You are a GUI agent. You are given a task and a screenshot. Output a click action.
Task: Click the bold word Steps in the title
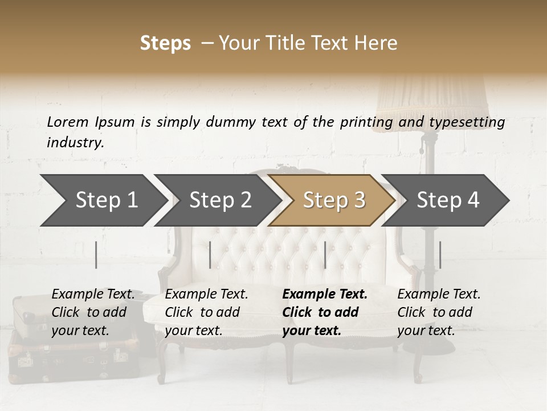click(165, 43)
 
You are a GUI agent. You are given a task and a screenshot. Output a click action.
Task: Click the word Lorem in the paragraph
click(68, 122)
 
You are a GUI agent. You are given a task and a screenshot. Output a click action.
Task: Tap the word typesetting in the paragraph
click(467, 122)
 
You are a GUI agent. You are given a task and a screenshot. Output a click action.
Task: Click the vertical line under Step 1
click(96, 255)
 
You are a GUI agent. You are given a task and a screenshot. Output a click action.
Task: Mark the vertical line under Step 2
click(210, 255)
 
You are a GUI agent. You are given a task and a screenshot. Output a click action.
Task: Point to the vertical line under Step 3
click(325, 255)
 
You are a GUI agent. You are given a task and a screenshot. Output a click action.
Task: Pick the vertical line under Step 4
click(440, 255)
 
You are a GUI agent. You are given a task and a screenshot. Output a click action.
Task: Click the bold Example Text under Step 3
click(325, 295)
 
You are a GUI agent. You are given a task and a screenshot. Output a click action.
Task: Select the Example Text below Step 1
click(93, 295)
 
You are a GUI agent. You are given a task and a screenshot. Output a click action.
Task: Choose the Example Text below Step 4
click(439, 295)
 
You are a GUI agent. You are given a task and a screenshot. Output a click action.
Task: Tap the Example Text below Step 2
click(206, 295)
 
